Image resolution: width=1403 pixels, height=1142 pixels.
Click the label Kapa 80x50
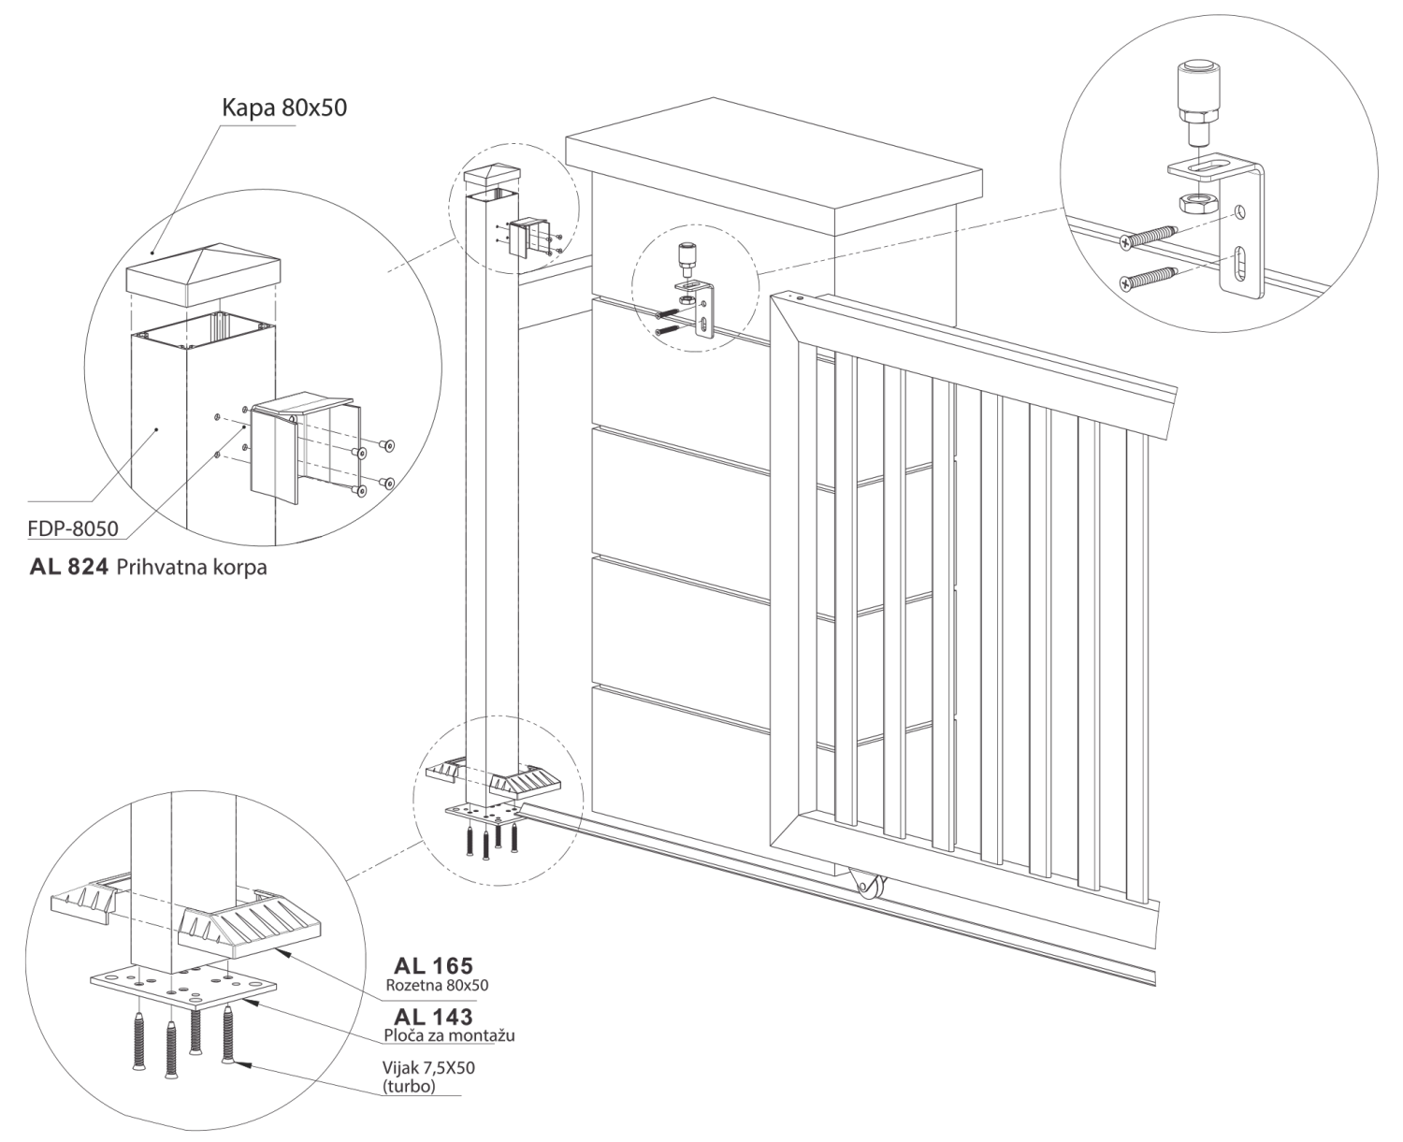pyautogui.click(x=284, y=107)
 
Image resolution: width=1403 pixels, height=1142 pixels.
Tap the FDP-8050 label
pyautogui.click(x=73, y=528)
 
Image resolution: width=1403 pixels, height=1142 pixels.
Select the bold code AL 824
pyautogui.click(x=69, y=567)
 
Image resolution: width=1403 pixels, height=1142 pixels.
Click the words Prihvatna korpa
pyautogui.click(x=192, y=568)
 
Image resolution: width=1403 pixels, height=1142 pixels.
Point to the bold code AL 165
pyautogui.click(x=433, y=965)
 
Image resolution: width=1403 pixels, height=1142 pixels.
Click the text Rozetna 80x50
pyautogui.click(x=438, y=984)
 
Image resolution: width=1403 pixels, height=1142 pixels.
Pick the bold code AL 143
pyautogui.click(x=433, y=1017)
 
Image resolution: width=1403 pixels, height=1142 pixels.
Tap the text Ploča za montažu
pyautogui.click(x=436, y=1035)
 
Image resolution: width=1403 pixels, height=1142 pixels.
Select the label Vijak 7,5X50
pyautogui.click(x=424, y=1068)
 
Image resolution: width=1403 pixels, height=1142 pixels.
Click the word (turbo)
pyautogui.click(x=409, y=1086)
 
